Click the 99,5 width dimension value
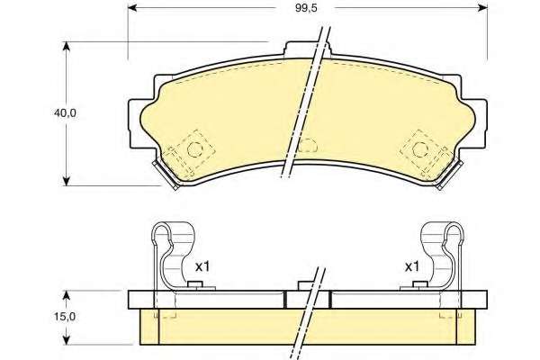click(x=306, y=8)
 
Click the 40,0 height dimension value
click(x=65, y=113)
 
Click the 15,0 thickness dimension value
click(x=65, y=317)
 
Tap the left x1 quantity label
click(x=202, y=266)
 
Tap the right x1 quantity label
click(x=411, y=266)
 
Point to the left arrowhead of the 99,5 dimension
click(x=133, y=8)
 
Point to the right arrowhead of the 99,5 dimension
click(x=482, y=8)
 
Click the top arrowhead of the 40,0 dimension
click(x=67, y=47)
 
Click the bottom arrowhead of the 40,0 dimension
click(x=67, y=181)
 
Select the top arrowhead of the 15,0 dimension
click(x=67, y=295)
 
